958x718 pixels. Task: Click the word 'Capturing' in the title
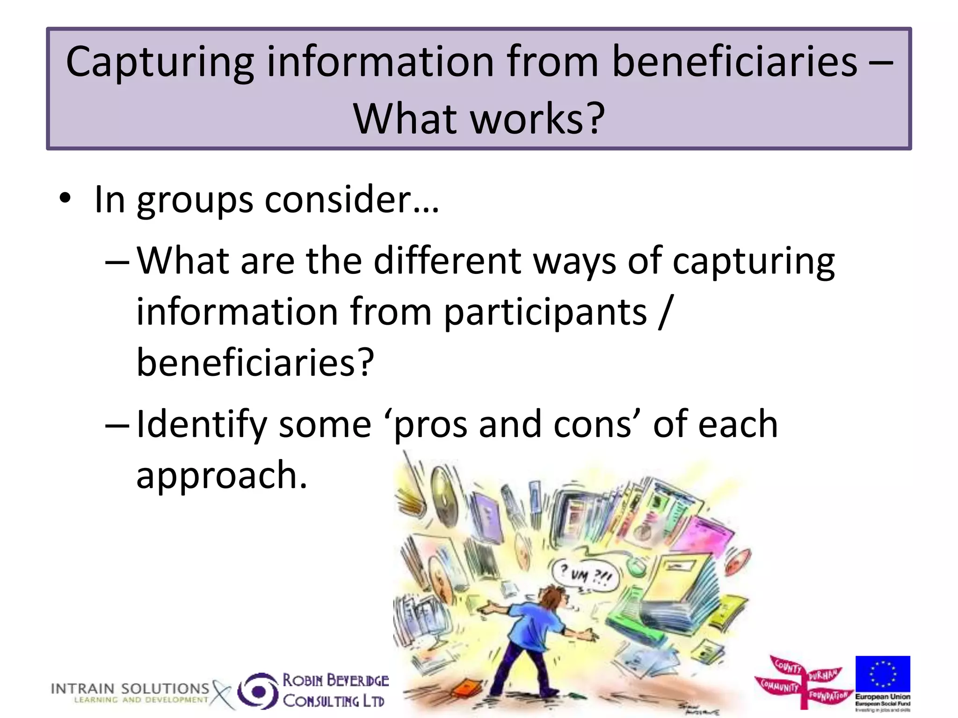pos(160,63)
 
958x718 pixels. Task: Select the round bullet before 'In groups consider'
pos(65,198)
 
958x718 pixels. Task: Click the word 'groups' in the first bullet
pos(195,200)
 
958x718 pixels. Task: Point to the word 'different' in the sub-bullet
pos(447,260)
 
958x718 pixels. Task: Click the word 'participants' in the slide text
pos(545,312)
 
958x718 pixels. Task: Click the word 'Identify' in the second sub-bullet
pos(201,424)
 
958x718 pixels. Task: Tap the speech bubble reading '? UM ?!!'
pos(585,574)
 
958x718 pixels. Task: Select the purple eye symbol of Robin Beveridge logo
pos(257,690)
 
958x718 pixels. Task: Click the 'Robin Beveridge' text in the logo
pos(335,680)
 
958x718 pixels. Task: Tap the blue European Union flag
pos(883,674)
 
